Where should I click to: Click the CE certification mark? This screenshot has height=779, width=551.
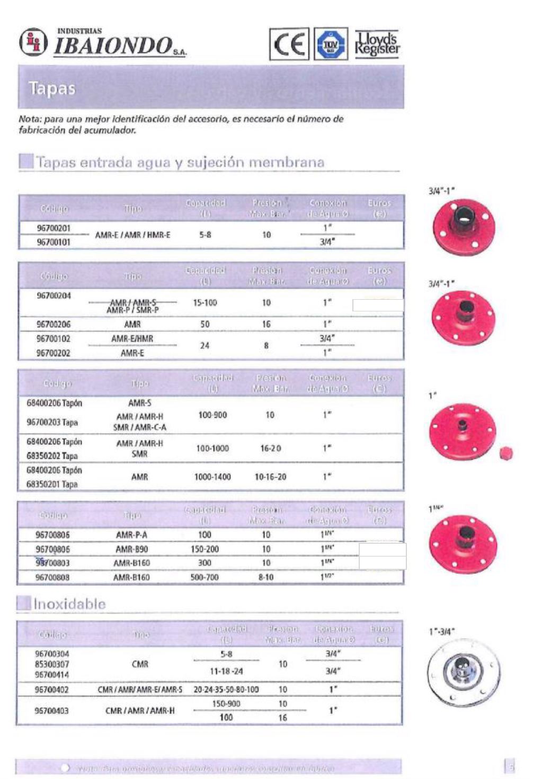[x=289, y=44]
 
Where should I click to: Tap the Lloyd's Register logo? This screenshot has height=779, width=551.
[x=377, y=44]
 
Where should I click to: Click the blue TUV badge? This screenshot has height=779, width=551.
[x=331, y=44]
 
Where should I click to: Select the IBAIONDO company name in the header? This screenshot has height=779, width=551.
[x=113, y=46]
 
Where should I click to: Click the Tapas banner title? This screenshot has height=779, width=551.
[x=52, y=88]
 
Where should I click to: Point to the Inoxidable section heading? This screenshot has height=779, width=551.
[x=69, y=604]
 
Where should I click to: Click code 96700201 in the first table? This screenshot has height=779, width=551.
[x=54, y=228]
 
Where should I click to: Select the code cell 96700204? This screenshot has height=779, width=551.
[x=54, y=296]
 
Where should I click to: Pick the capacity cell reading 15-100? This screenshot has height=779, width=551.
[x=205, y=303]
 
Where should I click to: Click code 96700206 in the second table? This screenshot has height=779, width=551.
[x=54, y=324]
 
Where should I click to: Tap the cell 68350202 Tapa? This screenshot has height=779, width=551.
[x=52, y=455]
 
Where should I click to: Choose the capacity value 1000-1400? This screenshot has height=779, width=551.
[x=212, y=477]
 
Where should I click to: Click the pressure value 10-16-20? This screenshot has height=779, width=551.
[x=270, y=477]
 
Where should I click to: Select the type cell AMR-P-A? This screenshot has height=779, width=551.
[x=132, y=535]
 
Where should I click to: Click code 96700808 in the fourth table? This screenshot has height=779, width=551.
[x=52, y=577]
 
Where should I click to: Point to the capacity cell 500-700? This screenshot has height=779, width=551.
[x=205, y=577]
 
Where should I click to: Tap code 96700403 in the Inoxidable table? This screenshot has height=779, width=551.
[x=52, y=711]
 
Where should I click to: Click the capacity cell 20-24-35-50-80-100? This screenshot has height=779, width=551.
[x=226, y=690]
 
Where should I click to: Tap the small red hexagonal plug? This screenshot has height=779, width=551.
[x=505, y=453]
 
